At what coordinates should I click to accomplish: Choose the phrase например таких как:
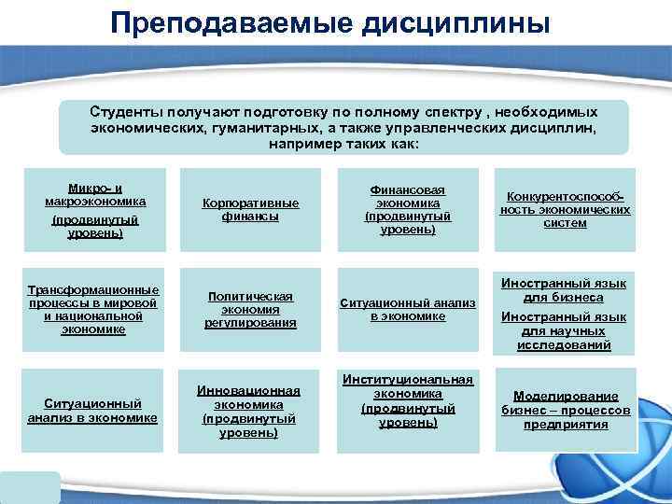point(344,145)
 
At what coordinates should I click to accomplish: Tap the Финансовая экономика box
point(407,209)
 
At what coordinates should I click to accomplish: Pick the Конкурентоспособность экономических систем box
point(565,209)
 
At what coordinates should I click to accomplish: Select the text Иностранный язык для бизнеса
point(564,290)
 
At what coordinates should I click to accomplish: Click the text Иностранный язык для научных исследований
point(564,331)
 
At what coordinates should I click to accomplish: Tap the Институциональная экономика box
point(407,401)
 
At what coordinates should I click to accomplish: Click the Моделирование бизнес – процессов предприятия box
point(566,411)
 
